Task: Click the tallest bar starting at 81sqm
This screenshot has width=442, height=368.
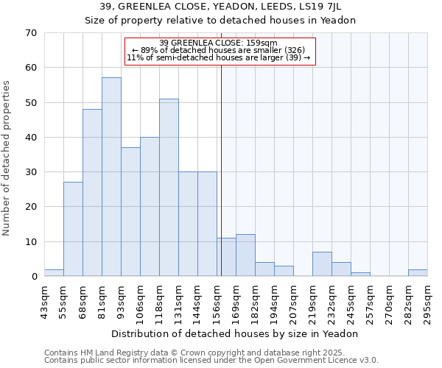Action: [x=111, y=177]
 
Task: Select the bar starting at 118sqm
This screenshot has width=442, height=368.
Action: [x=169, y=188]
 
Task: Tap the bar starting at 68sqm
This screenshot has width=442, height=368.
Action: [x=92, y=193]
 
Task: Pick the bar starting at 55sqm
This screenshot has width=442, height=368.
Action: [x=73, y=229]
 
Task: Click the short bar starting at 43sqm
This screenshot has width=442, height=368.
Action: [x=54, y=273]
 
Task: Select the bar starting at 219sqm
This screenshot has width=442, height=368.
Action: [x=322, y=264]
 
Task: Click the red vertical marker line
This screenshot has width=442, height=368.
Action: [x=221, y=169]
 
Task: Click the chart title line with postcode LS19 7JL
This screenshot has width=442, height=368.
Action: [x=220, y=7]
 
